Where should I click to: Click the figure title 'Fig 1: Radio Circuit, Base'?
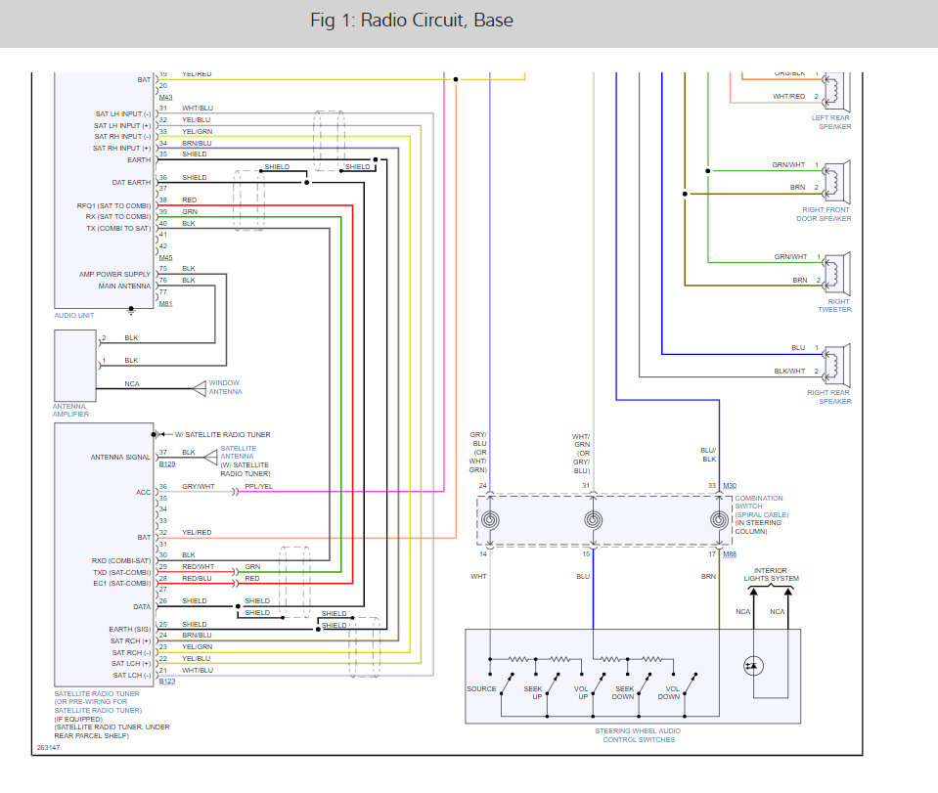pyautogui.click(x=410, y=21)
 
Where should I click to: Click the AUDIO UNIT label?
pyautogui.click(x=73, y=316)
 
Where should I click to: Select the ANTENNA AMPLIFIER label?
pyautogui.click(x=70, y=411)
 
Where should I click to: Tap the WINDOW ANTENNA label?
pyautogui.click(x=225, y=387)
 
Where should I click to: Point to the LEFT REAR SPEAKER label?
pyautogui.click(x=831, y=122)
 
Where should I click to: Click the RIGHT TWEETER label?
pyautogui.click(x=834, y=305)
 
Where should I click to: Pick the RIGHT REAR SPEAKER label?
pyautogui.click(x=829, y=397)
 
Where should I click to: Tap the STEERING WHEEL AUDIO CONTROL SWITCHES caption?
pyautogui.click(x=637, y=735)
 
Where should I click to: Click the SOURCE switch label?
pyautogui.click(x=481, y=688)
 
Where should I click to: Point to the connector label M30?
pyautogui.click(x=729, y=486)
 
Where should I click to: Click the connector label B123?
pyautogui.click(x=166, y=682)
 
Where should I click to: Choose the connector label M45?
pyautogui.click(x=165, y=257)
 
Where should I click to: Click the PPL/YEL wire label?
pyautogui.click(x=258, y=486)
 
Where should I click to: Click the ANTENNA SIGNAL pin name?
pyautogui.click(x=121, y=458)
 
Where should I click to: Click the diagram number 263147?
pyautogui.click(x=48, y=748)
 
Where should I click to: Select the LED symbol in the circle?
pyautogui.click(x=754, y=666)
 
